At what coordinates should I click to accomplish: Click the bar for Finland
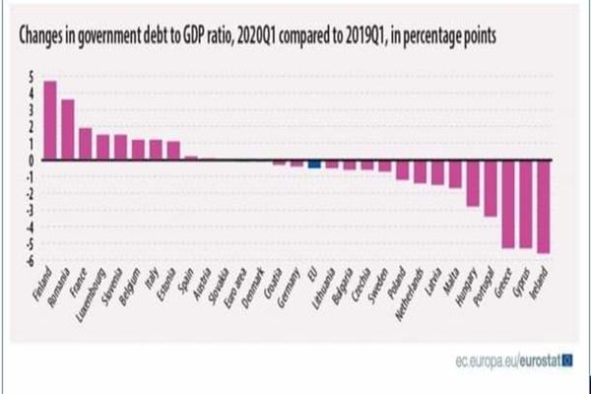tap(50, 119)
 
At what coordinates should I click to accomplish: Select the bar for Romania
tap(68, 129)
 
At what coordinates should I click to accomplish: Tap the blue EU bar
tap(314, 164)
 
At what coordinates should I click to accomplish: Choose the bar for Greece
tap(507, 204)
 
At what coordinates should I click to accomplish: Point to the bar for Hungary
tap(472, 183)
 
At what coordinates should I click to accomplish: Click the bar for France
tap(86, 144)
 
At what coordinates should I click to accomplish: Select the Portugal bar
tap(490, 188)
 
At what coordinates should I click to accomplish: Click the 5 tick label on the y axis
tap(32, 76)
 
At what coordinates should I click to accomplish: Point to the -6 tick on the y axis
tap(31, 260)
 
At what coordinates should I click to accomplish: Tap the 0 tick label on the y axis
tap(32, 160)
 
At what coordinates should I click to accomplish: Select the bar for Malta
tap(454, 173)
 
